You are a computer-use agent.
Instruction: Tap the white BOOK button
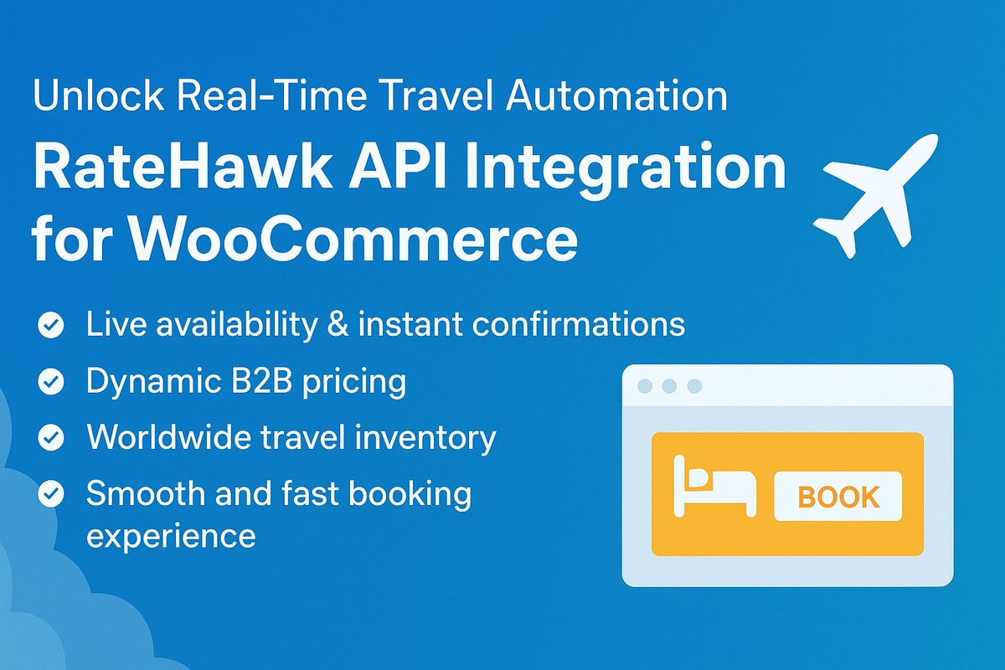tap(837, 497)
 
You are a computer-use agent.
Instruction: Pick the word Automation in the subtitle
tap(616, 95)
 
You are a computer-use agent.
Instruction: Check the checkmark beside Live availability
tap(50, 326)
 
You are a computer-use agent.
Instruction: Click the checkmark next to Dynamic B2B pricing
tap(50, 383)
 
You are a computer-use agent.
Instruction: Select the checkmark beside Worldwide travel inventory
tap(50, 438)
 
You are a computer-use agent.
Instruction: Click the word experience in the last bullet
tap(171, 534)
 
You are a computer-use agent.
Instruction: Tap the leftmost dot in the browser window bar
tap(645, 386)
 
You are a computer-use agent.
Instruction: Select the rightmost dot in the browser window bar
tap(693, 386)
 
